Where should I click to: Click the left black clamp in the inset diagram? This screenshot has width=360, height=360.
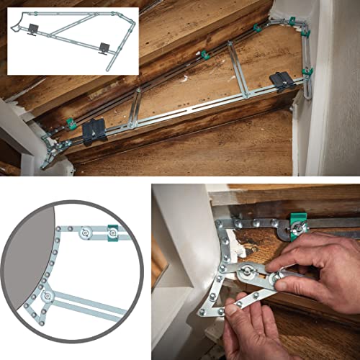[x=33, y=30]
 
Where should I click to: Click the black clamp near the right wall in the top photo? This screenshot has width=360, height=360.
[x=282, y=80]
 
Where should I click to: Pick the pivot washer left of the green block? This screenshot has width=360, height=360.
[x=86, y=232]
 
